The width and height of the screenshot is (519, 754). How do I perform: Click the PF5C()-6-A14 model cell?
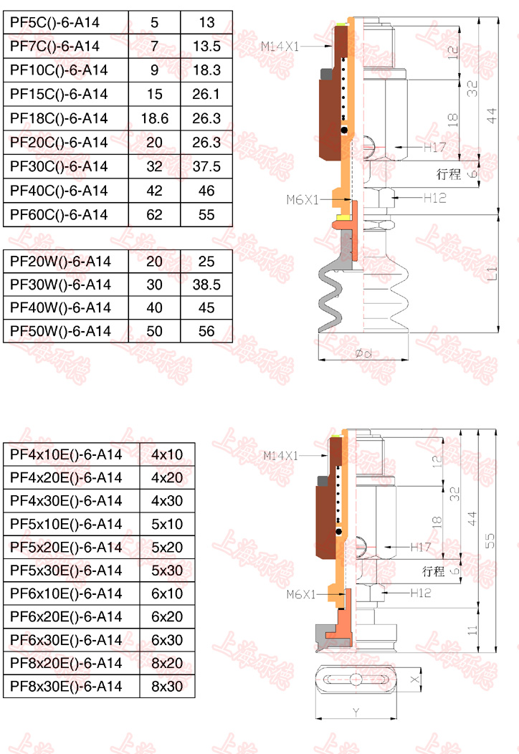[54, 23]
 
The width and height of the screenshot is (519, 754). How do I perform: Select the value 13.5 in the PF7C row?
[206, 46]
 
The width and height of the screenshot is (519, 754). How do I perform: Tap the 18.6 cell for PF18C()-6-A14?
[154, 118]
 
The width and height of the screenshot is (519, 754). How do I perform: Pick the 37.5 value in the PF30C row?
[206, 166]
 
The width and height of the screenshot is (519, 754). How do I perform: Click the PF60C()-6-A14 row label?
[59, 214]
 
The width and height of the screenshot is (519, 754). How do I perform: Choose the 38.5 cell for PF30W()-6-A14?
[206, 285]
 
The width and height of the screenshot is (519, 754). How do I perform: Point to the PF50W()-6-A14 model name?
[60, 331]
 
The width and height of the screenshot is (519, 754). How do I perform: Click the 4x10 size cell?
[167, 454]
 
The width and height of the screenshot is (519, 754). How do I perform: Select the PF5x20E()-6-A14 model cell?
[65, 548]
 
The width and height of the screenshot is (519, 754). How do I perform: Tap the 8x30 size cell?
[167, 686]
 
